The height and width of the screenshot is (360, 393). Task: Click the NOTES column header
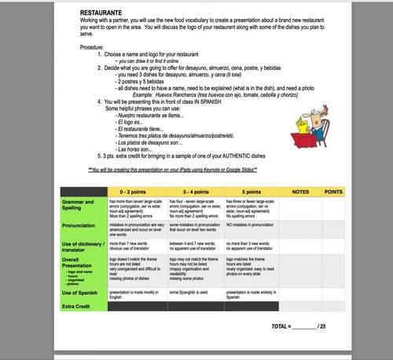click(299, 192)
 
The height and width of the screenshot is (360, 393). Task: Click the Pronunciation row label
click(79, 225)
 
